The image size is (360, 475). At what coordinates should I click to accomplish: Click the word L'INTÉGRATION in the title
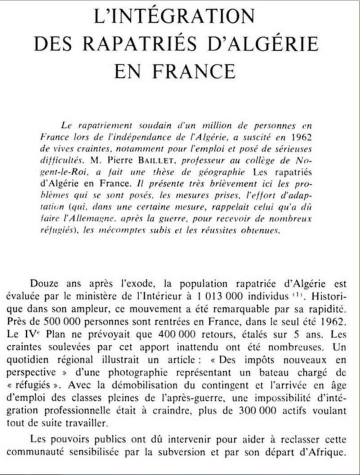tap(174, 17)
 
